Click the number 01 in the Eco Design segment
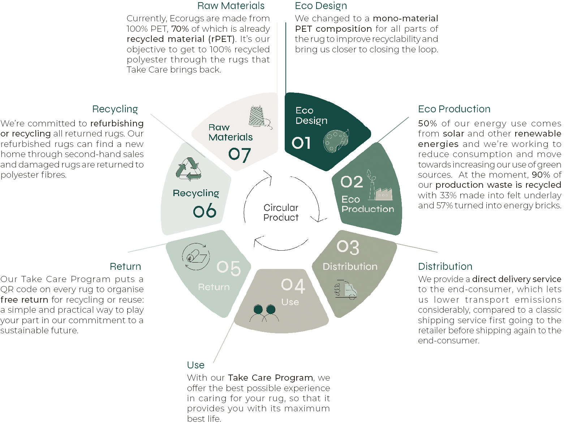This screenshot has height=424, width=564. pos(301,143)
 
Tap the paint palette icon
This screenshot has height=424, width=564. pos(336,141)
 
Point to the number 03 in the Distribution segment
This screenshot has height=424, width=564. pos(348,247)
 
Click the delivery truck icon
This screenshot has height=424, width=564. pos(346,290)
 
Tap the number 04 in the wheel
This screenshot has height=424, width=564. pos(293,286)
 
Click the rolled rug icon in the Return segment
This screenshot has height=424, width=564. pos(196,256)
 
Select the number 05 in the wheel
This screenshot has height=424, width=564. pos(229,268)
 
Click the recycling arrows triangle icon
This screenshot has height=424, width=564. pos(189,169)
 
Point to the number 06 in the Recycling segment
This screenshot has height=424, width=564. pos(204,211)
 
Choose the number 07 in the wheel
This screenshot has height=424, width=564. pos(240,155)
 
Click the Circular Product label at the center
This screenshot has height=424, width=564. pos(281,212)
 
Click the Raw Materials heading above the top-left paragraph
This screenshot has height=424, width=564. pos(231,6)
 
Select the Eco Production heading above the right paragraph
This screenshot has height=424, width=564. pos(454,109)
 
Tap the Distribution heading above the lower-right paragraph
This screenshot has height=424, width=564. pos(445,266)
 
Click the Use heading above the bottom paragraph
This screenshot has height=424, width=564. pos(195,365)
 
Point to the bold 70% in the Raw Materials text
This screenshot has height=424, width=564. pos(180,29)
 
